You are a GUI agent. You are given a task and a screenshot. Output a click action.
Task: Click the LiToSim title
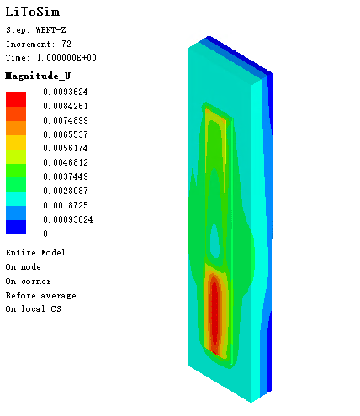33,12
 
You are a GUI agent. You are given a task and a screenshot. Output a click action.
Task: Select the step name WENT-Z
50,30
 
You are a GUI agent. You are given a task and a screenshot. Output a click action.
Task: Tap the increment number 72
66,44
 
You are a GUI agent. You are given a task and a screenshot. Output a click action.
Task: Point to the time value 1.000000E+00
66,57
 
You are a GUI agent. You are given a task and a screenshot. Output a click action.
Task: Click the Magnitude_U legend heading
38,76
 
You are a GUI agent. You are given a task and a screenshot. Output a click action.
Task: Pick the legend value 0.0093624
66,92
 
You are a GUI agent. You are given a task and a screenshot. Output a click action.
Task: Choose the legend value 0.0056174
66,148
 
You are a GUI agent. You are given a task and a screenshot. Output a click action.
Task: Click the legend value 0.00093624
68,219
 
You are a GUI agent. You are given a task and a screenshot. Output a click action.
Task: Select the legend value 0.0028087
66,191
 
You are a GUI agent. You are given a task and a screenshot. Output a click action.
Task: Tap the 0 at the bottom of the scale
45,234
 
